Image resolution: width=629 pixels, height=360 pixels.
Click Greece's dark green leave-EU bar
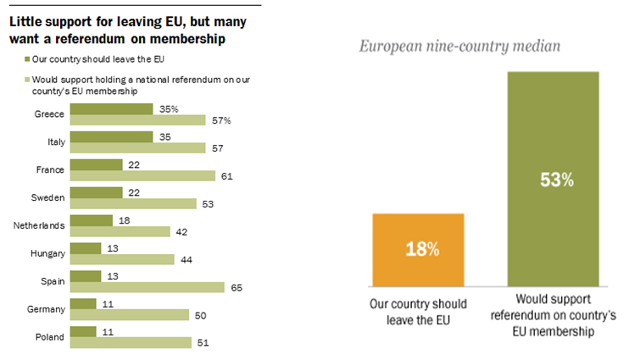point(111,109)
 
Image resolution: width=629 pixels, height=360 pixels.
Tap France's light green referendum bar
point(142,176)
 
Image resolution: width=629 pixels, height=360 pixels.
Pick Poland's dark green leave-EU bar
point(82,331)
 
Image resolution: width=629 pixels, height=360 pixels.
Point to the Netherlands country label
point(37,226)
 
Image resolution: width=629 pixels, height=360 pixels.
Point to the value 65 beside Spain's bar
point(236,288)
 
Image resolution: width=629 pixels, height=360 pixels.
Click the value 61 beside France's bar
point(226,176)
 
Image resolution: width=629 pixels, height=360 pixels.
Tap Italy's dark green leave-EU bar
point(111,137)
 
